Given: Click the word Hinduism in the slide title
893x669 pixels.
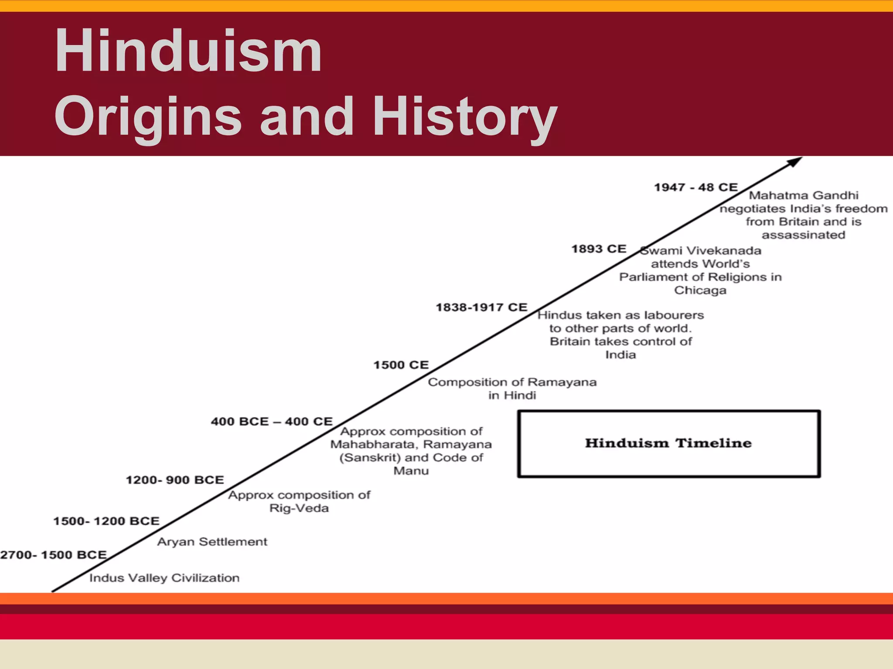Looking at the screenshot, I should tap(188, 51).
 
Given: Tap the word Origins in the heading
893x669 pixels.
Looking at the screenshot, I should tap(148, 117).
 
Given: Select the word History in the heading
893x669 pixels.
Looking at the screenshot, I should tap(465, 117).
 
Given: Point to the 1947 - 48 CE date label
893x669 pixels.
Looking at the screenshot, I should tap(695, 187).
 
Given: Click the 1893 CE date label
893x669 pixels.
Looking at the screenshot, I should tap(599, 249).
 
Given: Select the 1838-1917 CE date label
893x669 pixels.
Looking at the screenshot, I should tap(481, 307).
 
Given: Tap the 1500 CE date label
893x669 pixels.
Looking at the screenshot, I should tap(401, 365).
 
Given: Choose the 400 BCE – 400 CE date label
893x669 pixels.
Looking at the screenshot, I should tap(272, 422).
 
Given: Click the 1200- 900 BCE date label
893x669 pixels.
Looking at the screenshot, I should tap(175, 480).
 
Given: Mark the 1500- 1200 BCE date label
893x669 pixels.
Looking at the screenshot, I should tap(106, 521).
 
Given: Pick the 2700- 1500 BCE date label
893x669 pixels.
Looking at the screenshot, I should tap(54, 555).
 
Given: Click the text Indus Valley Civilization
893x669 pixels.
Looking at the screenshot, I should tap(164, 578).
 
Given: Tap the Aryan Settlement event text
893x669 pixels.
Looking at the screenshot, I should tap(212, 542).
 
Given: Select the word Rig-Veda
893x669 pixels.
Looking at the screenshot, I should tap(299, 508).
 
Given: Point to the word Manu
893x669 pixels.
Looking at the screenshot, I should tap(411, 471).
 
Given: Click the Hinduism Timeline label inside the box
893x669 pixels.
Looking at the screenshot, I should tap(668, 443).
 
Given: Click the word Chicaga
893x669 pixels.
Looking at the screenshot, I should tap(700, 291).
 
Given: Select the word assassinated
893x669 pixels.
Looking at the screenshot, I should tap(803, 235).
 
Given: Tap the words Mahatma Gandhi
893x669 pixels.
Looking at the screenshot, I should tap(804, 196).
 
